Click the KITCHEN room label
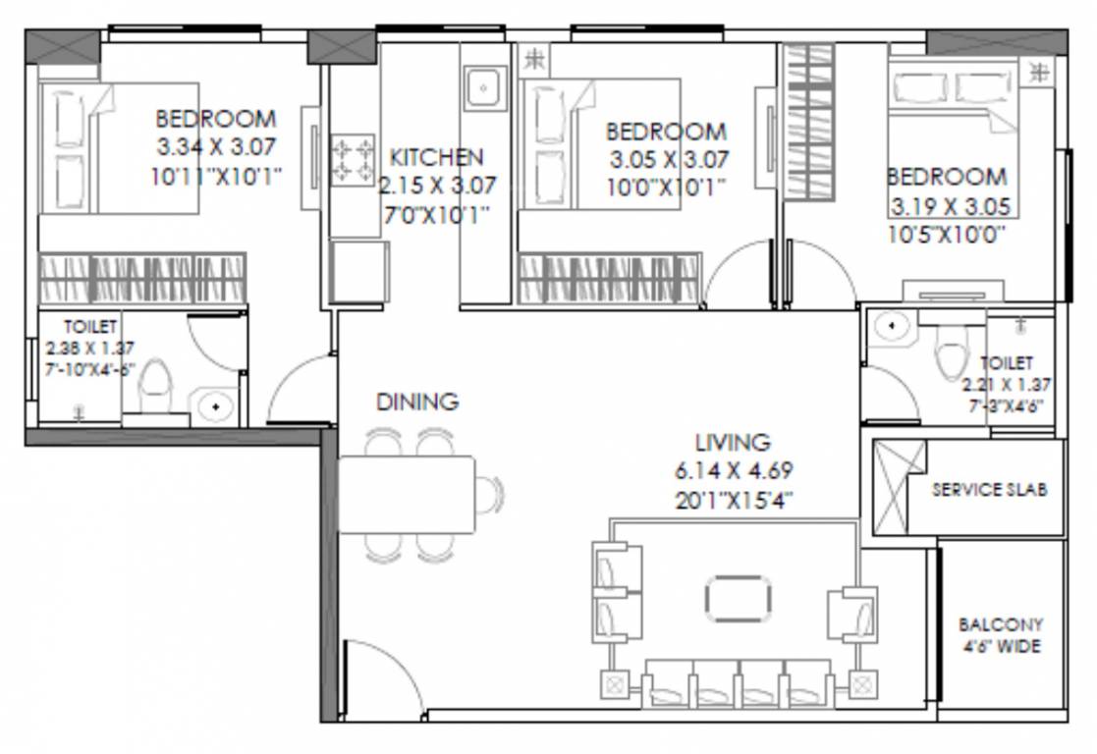(436, 157)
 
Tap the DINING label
(417, 402)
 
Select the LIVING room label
(732, 443)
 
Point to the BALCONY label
(1001, 624)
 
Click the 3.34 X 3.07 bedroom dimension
(216, 148)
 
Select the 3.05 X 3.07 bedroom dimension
(668, 160)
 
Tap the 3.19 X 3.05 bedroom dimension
(950, 208)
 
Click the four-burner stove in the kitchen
(354, 160)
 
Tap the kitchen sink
(482, 90)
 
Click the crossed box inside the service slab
(899, 488)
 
